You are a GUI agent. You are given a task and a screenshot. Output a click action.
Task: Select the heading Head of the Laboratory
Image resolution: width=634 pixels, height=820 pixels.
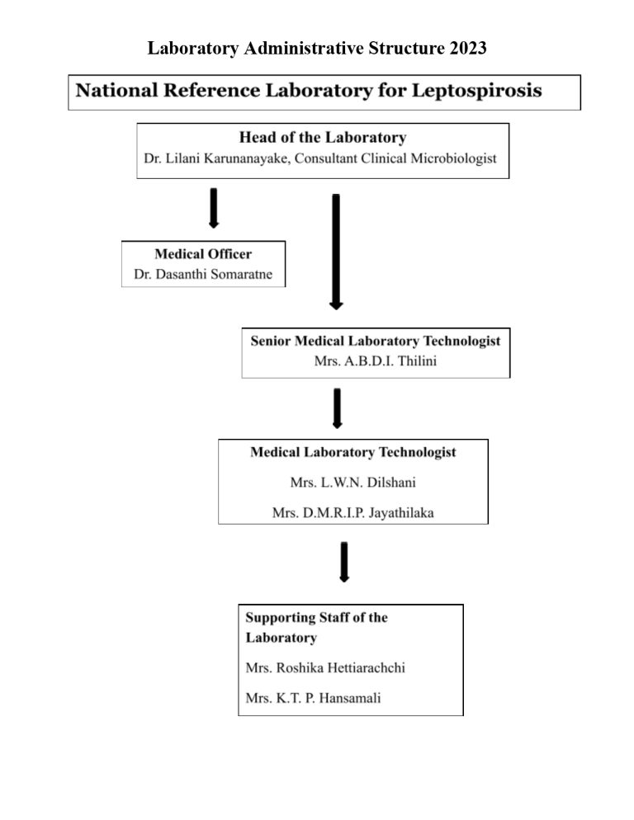[x=322, y=138]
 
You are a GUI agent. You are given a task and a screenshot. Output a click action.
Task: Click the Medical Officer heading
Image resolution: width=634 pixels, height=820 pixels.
[x=203, y=254]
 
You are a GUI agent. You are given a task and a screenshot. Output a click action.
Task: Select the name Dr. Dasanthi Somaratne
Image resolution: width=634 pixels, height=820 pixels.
[x=203, y=273]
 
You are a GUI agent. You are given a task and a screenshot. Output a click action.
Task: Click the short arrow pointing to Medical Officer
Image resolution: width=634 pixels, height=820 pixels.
[x=214, y=208]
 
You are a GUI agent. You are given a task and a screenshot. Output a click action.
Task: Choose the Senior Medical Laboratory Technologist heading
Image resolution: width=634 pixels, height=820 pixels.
[x=376, y=341]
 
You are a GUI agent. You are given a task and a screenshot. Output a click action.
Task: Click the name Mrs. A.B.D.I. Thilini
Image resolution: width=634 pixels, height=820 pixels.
[x=376, y=361]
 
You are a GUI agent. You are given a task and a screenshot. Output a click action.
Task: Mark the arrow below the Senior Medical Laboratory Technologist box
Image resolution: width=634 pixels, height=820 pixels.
[x=337, y=408]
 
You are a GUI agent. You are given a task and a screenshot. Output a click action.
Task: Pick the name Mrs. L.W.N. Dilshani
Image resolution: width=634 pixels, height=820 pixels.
[x=352, y=483]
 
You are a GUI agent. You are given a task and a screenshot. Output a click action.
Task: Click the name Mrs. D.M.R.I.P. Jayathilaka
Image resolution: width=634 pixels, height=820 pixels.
[x=352, y=513]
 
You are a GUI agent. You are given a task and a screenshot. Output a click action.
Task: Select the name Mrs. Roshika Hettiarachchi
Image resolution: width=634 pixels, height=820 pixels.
[x=325, y=667]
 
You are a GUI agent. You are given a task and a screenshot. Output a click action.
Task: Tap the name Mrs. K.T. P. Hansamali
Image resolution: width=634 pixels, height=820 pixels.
[x=313, y=698]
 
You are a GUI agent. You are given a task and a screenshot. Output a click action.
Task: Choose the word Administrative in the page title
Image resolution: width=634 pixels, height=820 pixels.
[x=305, y=49]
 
